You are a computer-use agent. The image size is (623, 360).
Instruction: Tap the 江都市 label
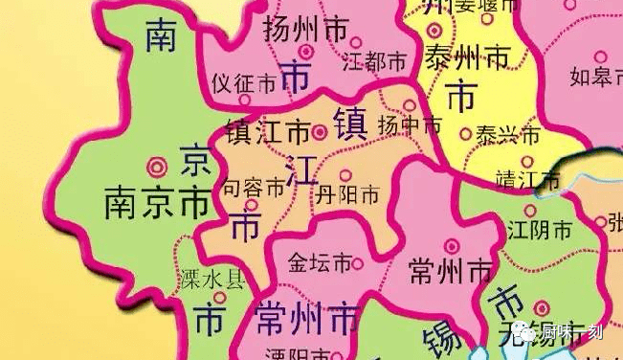click(x=375, y=63)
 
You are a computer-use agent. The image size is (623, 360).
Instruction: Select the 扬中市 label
click(x=410, y=125)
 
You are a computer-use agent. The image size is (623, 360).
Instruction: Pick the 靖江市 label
click(x=528, y=179)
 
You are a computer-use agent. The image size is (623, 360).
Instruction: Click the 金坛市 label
click(x=320, y=263)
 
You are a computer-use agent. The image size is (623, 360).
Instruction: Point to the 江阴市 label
click(x=540, y=231)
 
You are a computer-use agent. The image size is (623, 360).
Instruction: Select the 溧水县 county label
click(x=212, y=281)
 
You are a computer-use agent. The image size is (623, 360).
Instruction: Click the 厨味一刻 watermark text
click(x=573, y=333)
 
